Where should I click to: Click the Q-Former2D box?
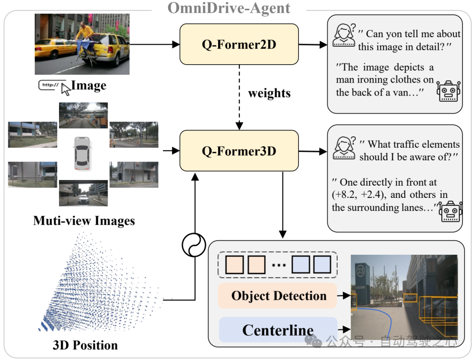tap(239, 44)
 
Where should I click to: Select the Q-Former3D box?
tap(239, 151)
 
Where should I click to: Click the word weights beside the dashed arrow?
tap(269, 93)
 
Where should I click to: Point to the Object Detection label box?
tap(278, 296)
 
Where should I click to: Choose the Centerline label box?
tap(278, 330)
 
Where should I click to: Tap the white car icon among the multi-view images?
tap(82, 152)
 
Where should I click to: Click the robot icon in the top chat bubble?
tap(448, 91)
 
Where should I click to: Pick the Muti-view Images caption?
tap(84, 220)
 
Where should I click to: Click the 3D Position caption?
tap(85, 345)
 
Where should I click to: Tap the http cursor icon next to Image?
tap(54, 86)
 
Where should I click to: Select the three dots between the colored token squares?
tap(279, 265)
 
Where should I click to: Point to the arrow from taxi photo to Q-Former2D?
tap(155, 44)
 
